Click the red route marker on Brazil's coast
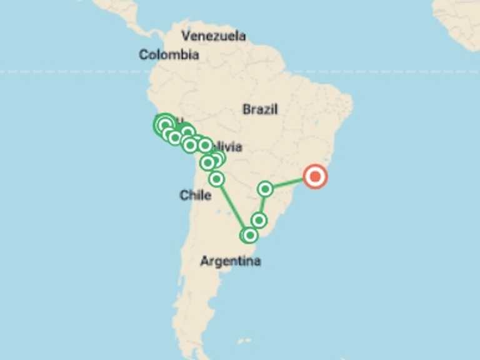pyautogui.click(x=315, y=177)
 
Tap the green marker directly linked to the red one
pyautogui.click(x=266, y=188)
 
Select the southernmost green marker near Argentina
pyautogui.click(x=249, y=235)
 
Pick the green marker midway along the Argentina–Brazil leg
pyautogui.click(x=259, y=220)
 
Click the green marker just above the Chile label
pyautogui.click(x=216, y=179)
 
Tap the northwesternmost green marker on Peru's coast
pyautogui.click(x=164, y=124)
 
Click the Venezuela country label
pyautogui.click(x=213, y=36)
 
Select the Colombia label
pyautogui.click(x=169, y=55)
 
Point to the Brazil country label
pyautogui.click(x=260, y=109)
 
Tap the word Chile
pyautogui.click(x=195, y=196)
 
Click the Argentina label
pyautogui.click(x=230, y=261)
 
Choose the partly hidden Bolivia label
pyautogui.click(x=229, y=147)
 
